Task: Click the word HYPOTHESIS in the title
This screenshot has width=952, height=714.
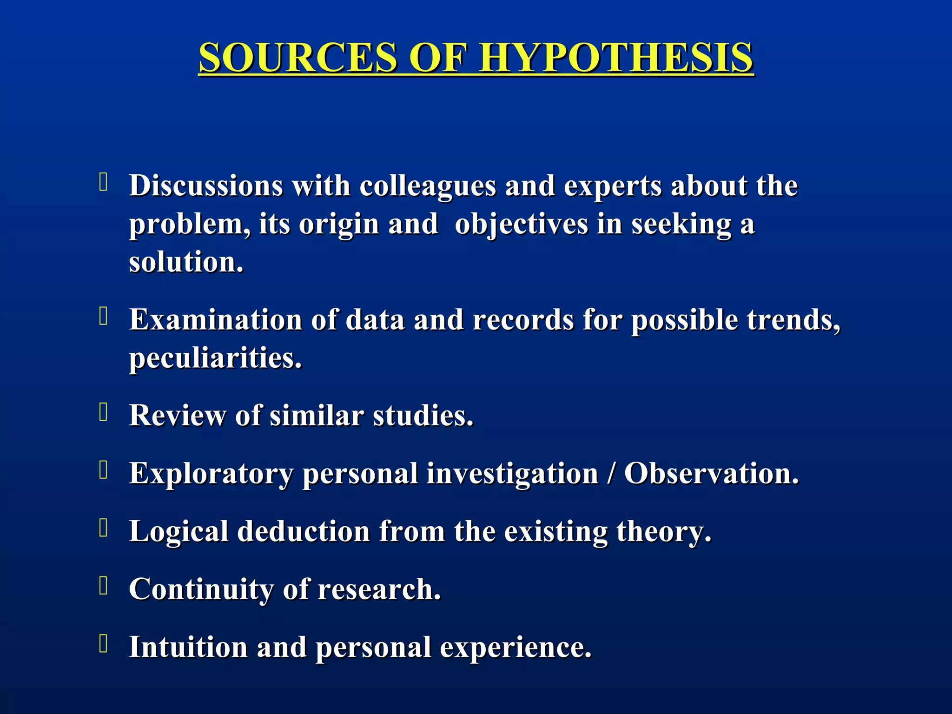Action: (616, 58)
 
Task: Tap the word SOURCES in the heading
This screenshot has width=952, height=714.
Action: (298, 58)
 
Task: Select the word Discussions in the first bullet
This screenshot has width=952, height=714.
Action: (206, 186)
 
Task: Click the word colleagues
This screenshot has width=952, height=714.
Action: (428, 186)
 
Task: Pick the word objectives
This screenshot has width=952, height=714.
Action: (521, 225)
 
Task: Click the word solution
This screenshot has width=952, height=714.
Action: (186, 262)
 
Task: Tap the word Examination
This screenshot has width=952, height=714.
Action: (216, 320)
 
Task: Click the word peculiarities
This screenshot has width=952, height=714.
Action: (215, 358)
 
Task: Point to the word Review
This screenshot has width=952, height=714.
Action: (177, 415)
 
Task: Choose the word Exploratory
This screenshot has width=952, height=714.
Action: (211, 474)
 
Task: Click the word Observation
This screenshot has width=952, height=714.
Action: (711, 474)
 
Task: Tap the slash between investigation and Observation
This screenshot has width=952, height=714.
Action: (611, 474)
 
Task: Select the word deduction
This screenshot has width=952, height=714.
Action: (304, 531)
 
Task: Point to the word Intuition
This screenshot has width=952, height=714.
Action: (188, 647)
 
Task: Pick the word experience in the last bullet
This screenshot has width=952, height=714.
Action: (516, 647)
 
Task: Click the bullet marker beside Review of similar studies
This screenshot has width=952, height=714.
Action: (104, 412)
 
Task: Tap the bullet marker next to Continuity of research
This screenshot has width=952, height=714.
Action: (104, 586)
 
